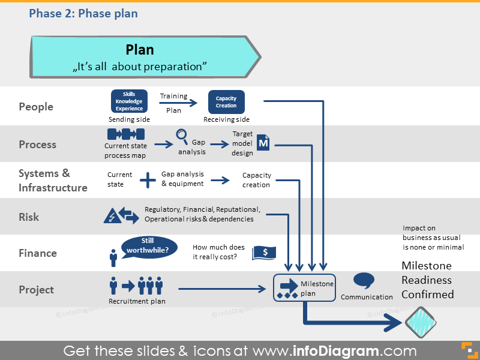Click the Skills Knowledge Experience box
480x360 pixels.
[x=129, y=101]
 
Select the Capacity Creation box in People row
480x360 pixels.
[x=226, y=101]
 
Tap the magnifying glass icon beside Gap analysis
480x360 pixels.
[x=182, y=136]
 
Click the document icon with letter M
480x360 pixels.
[x=263, y=143]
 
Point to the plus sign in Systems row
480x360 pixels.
[x=148, y=179]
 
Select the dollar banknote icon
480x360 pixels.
[x=264, y=253]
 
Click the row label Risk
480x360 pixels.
[x=29, y=217]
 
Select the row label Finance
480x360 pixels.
[x=37, y=253]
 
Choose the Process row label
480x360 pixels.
[x=37, y=145]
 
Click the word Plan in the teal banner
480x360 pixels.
[x=140, y=50]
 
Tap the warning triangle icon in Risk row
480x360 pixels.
[x=112, y=215]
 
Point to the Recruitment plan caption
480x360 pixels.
[x=137, y=301]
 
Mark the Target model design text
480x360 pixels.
[x=242, y=143]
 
